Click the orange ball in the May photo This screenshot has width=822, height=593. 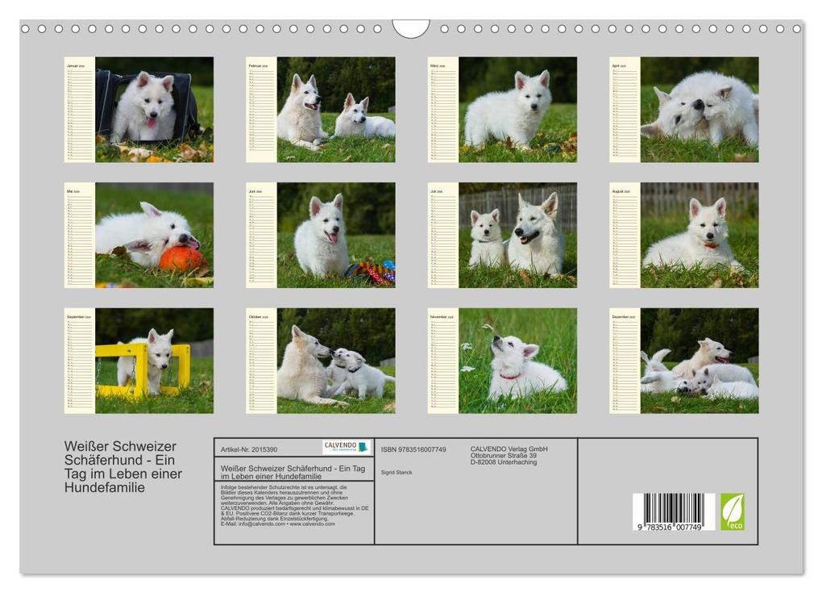pyautogui.click(x=182, y=259)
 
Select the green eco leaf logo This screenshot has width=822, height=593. pyautogui.click(x=732, y=512)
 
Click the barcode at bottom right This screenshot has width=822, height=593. pyautogui.click(x=673, y=512)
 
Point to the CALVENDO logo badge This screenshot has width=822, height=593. pyautogui.click(x=346, y=447)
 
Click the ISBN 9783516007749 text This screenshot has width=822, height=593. pyautogui.click(x=413, y=449)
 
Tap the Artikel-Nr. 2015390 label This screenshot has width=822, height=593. pyautogui.click(x=249, y=449)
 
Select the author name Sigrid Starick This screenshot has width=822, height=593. pyautogui.click(x=396, y=472)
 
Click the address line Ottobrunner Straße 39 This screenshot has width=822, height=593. pyautogui.click(x=504, y=456)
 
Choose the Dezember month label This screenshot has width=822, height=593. pyautogui.click(x=621, y=317)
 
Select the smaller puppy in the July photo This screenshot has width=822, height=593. pyautogui.click(x=486, y=239)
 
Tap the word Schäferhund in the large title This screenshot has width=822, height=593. pyautogui.click(x=101, y=460)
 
